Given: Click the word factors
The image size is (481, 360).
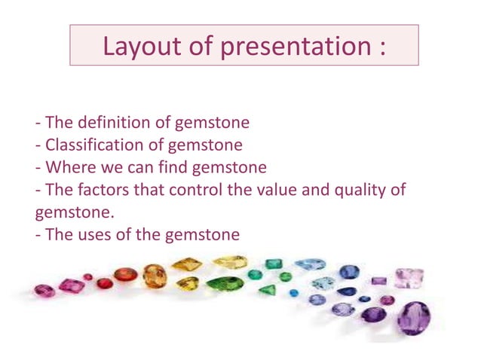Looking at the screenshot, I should tap(108, 189).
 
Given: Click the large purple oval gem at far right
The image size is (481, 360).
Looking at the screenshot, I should tap(414, 318).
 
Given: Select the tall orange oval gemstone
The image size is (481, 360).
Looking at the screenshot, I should tap(155, 276).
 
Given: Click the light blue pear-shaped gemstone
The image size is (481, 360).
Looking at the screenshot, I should tap(309, 264).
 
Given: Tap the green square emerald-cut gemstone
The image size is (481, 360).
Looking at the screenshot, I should tap(274, 264).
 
